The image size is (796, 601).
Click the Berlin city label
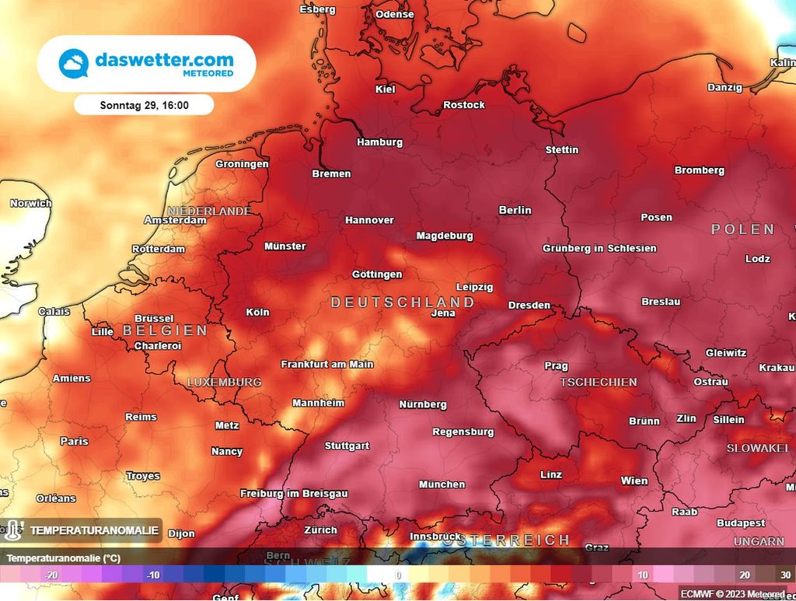coord(515,210)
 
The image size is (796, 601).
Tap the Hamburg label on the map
coord(379,142)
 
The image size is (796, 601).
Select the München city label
coord(442,484)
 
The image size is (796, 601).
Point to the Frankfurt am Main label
coord(326,364)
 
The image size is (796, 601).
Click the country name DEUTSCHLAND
coord(402,302)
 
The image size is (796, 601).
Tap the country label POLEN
coord(742,229)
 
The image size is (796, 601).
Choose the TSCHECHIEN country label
coord(598,382)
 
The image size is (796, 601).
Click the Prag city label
coord(556,365)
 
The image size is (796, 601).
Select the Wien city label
coord(634,481)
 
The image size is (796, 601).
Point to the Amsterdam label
coord(175,220)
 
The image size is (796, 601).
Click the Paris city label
coord(75,441)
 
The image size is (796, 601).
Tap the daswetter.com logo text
coord(163,59)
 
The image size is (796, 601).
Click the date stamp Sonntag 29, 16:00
coord(144,105)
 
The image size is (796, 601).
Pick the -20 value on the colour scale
coord(52,575)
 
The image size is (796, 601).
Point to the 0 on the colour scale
coord(397,575)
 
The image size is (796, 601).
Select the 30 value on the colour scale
coord(785,575)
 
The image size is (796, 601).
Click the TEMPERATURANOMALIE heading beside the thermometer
coord(94,531)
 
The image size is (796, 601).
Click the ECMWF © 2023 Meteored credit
coord(735,593)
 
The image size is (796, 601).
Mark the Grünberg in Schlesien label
coord(599,248)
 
